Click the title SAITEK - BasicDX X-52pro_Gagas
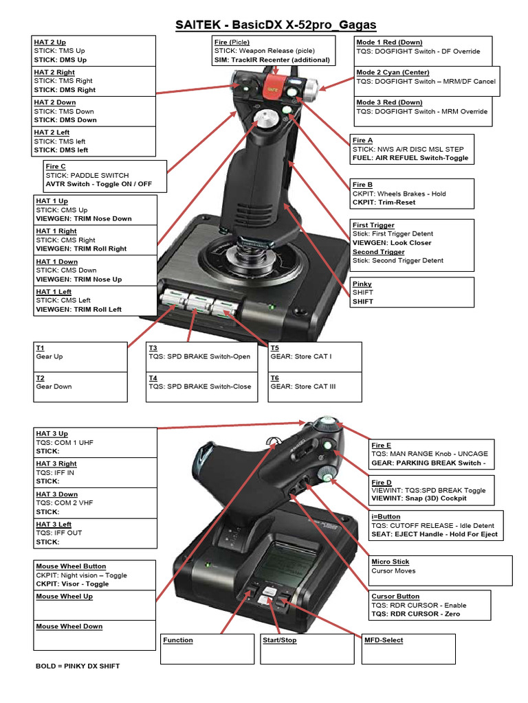click(275, 25)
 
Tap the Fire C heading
click(56, 167)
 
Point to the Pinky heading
click(362, 284)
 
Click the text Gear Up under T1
click(49, 357)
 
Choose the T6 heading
click(275, 378)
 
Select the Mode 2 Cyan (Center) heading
click(393, 73)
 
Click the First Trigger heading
click(373, 225)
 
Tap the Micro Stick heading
click(390, 562)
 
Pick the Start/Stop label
click(278, 641)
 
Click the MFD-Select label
click(384, 641)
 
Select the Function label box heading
click(178, 641)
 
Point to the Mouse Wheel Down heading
click(69, 627)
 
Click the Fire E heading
click(382, 446)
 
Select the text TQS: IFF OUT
click(58, 533)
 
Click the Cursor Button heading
click(395, 597)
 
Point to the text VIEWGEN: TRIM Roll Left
click(78, 310)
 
